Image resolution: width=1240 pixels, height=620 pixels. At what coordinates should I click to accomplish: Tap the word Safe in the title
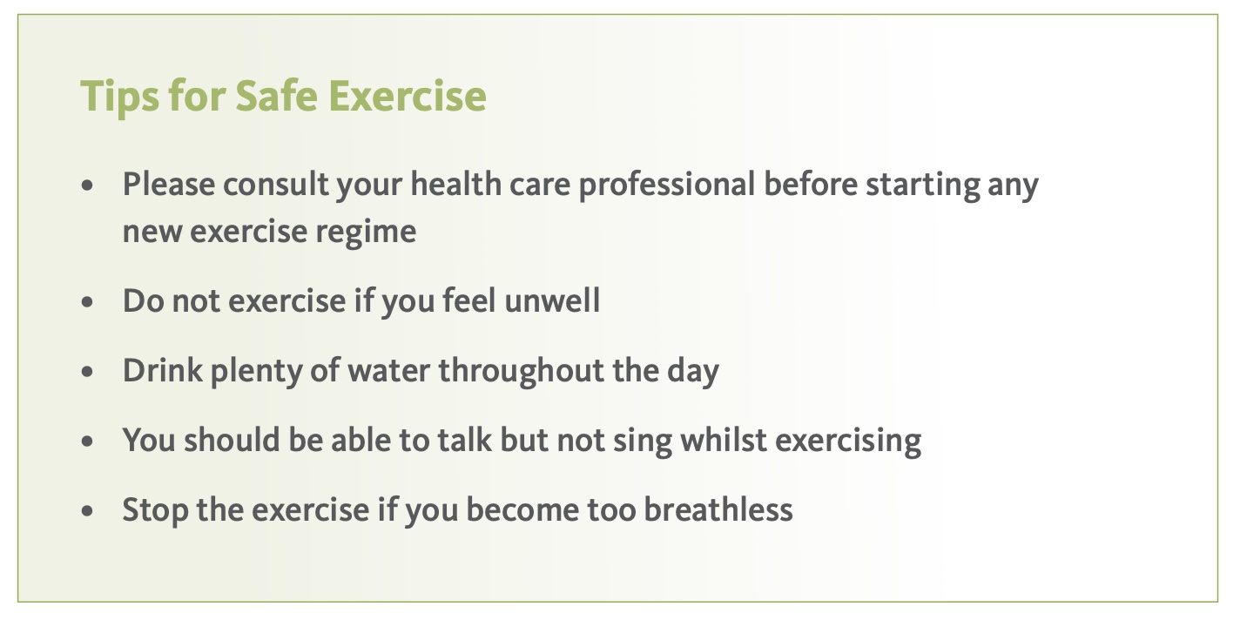coord(277,96)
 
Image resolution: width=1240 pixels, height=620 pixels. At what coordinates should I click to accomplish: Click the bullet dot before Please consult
coord(87,185)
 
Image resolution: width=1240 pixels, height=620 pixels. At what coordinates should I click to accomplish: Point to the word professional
coord(666,185)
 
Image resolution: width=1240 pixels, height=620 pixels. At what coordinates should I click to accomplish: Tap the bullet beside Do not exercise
coord(87,302)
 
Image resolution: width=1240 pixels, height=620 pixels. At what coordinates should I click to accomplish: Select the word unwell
coord(552,300)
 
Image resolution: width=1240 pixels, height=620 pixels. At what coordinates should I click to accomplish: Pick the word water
coord(388,371)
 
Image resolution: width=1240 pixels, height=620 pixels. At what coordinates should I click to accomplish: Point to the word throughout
coord(522,371)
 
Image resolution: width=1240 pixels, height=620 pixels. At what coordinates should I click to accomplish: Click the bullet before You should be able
coord(87,441)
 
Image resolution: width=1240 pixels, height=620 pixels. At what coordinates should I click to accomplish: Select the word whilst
coord(724,440)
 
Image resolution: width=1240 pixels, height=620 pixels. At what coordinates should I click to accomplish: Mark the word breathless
coord(718,509)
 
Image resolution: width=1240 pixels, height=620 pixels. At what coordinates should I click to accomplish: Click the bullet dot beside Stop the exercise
coord(87,511)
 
